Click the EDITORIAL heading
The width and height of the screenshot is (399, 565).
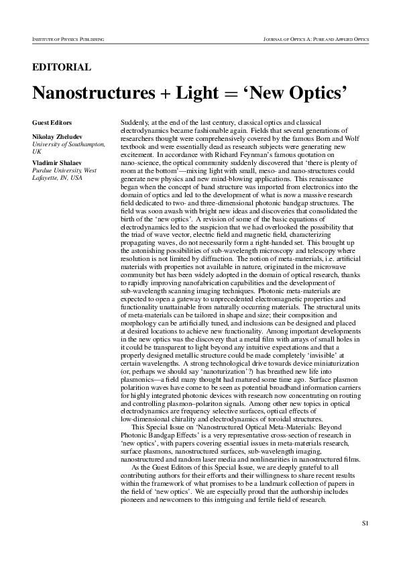[x=61, y=67]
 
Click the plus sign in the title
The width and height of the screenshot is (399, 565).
[x=163, y=95]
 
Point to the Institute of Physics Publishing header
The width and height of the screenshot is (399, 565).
[x=68, y=40]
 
